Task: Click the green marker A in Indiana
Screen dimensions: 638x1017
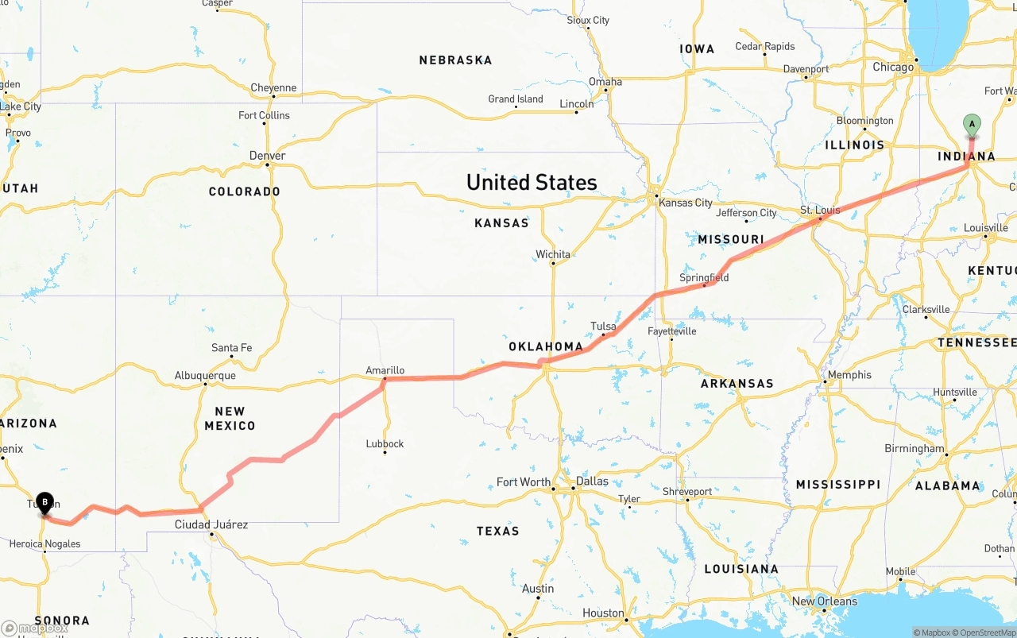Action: pyautogui.click(x=971, y=125)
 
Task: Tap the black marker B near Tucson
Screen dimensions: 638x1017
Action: pyautogui.click(x=45, y=502)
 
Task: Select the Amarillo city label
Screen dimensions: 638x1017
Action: pyautogui.click(x=385, y=370)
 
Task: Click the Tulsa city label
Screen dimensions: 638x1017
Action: pyautogui.click(x=603, y=326)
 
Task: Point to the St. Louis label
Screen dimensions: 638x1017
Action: pyautogui.click(x=819, y=210)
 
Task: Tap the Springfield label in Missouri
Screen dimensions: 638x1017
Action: pyautogui.click(x=703, y=277)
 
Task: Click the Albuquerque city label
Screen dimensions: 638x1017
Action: pyautogui.click(x=205, y=375)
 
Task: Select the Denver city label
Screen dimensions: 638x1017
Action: pyautogui.click(x=267, y=155)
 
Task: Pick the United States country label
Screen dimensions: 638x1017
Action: pyautogui.click(x=532, y=182)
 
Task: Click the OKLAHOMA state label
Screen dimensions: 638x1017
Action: pyautogui.click(x=546, y=346)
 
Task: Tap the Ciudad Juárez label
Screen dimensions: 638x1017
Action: pyautogui.click(x=211, y=524)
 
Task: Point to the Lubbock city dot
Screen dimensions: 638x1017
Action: pyautogui.click(x=385, y=452)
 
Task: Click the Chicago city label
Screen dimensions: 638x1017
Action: pyautogui.click(x=893, y=67)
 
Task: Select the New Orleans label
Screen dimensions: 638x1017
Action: pyautogui.click(x=824, y=601)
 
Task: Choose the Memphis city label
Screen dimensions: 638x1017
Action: pyautogui.click(x=849, y=374)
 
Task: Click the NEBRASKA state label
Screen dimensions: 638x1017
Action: pyautogui.click(x=455, y=60)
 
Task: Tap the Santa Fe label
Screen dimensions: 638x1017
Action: pyautogui.click(x=231, y=348)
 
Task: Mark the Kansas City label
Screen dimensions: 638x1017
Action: pyautogui.click(x=686, y=203)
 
